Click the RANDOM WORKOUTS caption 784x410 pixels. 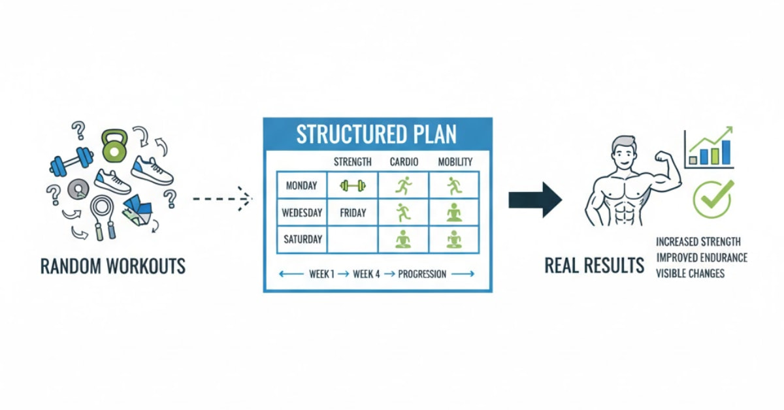click(x=112, y=266)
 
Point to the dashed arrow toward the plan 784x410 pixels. click(x=222, y=195)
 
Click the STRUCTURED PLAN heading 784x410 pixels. click(x=377, y=134)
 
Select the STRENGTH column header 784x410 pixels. click(x=352, y=162)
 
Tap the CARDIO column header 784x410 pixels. click(x=403, y=162)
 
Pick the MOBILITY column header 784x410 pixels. click(x=455, y=162)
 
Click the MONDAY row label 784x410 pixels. click(x=301, y=186)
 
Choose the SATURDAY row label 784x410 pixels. click(x=301, y=239)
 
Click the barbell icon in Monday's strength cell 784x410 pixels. click(x=352, y=186)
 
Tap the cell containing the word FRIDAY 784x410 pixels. click(x=352, y=213)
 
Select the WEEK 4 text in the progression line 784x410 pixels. click(x=367, y=274)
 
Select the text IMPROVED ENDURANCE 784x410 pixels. click(x=701, y=257)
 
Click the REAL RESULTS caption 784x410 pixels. click(x=595, y=266)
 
